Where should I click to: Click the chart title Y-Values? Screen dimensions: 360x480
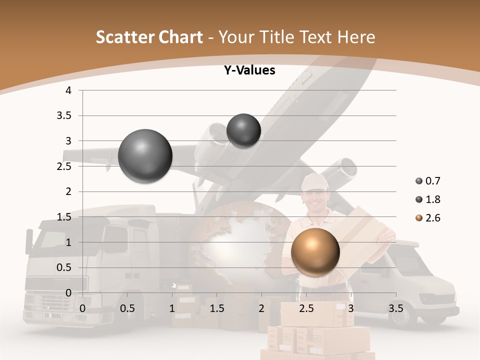249,70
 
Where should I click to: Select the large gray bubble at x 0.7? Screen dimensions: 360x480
145,156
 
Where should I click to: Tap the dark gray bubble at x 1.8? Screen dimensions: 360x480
243,130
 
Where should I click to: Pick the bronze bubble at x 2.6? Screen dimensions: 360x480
315,252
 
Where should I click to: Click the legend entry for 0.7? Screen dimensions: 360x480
428,181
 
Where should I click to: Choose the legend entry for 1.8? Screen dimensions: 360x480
428,199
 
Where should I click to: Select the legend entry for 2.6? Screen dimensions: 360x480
428,218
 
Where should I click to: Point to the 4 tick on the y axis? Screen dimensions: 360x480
68,90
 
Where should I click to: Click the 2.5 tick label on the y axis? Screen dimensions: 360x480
65,166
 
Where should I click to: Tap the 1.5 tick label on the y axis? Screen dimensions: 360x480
65,217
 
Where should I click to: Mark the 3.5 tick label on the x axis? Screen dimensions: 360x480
396,308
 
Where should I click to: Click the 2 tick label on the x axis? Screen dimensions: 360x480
261,308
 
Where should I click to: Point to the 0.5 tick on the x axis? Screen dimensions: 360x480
127,308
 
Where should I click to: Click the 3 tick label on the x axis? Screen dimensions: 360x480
350,308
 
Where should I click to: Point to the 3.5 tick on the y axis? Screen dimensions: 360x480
65,116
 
